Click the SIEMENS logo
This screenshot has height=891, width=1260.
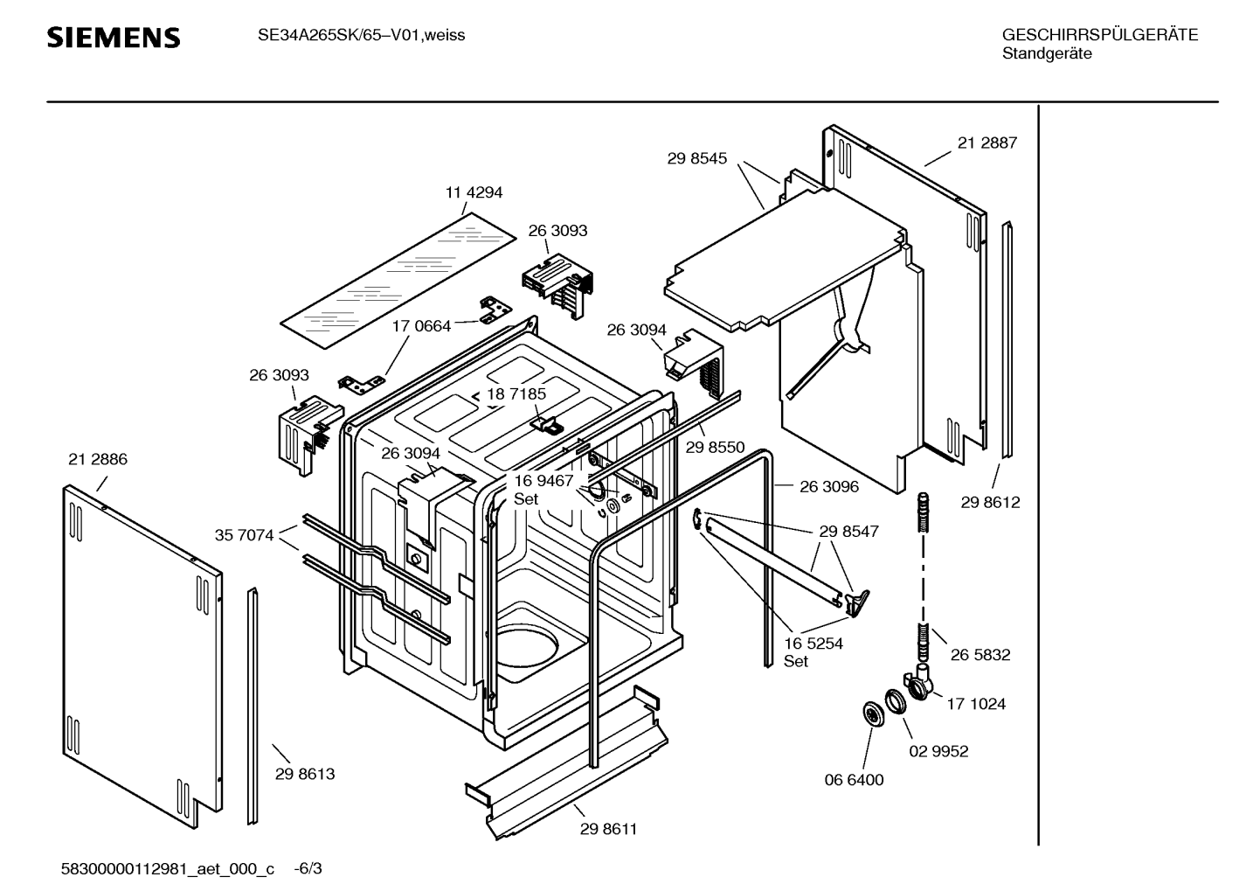point(113,38)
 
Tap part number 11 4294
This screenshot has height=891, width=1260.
point(474,192)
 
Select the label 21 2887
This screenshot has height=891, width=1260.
point(987,143)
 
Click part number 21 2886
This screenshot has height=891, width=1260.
point(97,460)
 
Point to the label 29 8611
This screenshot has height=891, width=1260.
point(608,829)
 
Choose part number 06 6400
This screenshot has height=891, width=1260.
point(854,780)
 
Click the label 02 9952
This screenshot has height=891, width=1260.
point(938,751)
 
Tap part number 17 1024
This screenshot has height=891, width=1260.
point(975,704)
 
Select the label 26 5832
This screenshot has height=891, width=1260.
point(980,655)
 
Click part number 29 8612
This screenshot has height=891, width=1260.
point(990,503)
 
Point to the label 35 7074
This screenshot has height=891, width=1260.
point(244,535)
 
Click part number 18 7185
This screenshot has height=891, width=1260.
point(516,394)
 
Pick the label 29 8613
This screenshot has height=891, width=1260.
point(304,774)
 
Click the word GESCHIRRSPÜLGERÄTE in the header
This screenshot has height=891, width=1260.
point(1099,35)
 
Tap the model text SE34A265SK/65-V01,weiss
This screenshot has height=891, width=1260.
point(361,36)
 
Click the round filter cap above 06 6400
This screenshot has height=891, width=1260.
point(872,713)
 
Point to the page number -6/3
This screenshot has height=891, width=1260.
point(308,869)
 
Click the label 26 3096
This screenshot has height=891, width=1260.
point(828,487)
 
